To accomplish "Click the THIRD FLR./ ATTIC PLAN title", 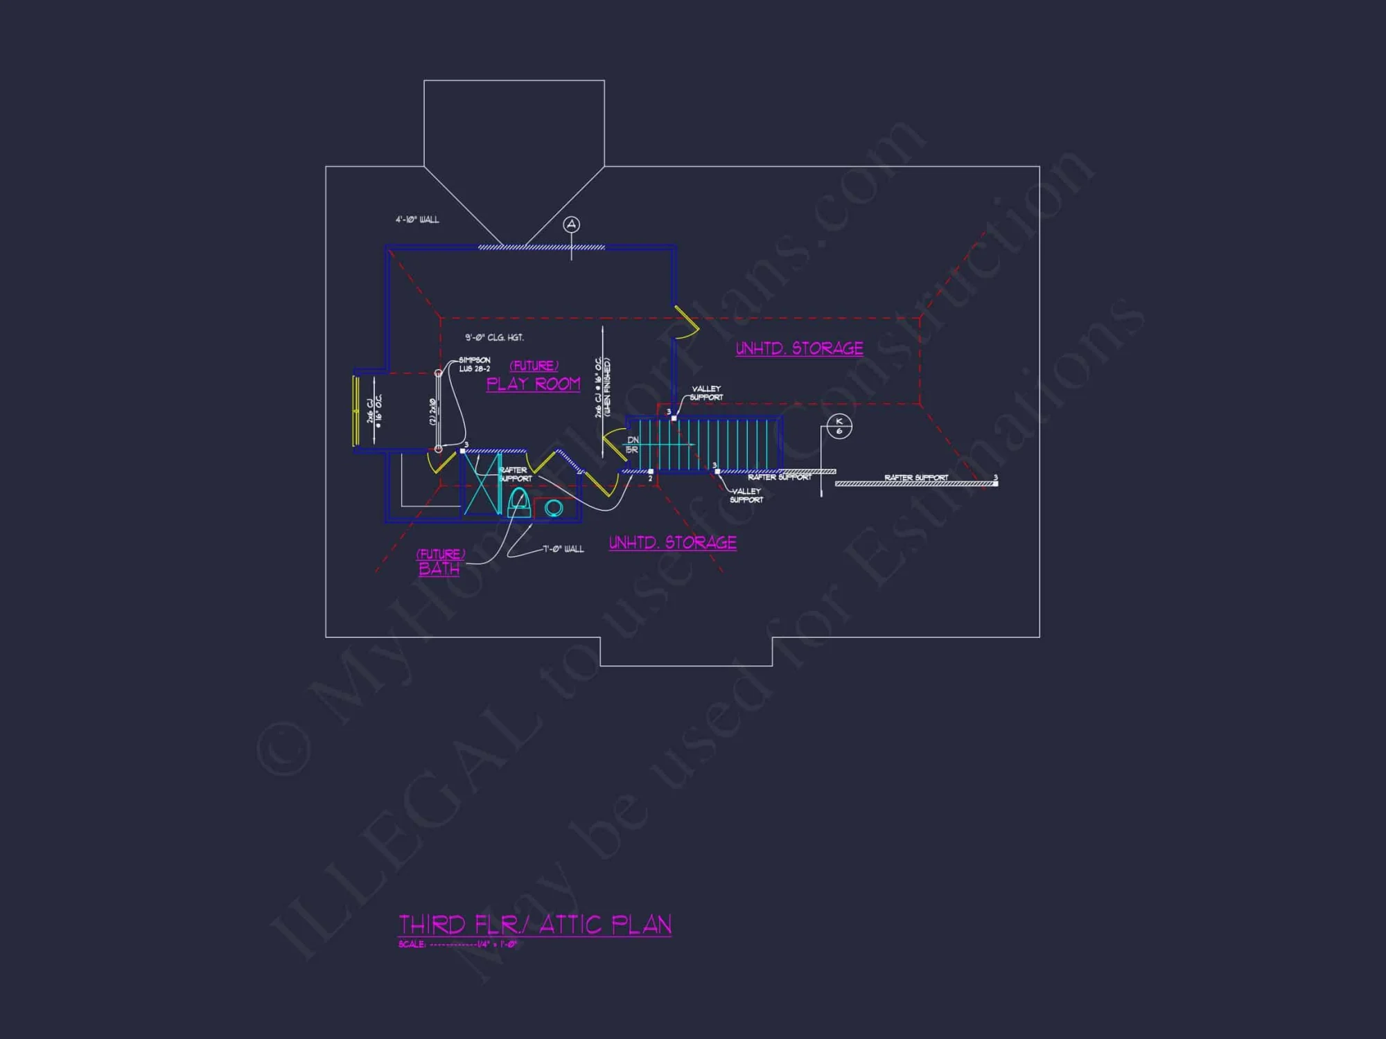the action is pos(534,925).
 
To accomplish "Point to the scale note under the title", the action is pos(457,944).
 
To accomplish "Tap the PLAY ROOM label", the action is pos(533,384).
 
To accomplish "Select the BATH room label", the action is pos(439,569).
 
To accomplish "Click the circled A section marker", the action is pos(571,224).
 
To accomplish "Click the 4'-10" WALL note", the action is pos(417,220).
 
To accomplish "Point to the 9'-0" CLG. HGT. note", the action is pos(494,337).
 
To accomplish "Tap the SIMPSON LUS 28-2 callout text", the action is pos(475,364).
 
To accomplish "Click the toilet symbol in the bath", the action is pos(518,501).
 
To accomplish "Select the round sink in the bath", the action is pos(554,508).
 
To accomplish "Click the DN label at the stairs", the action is pos(633,440).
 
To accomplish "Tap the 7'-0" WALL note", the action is pos(563,549).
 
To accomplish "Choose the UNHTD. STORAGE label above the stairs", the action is pos(799,348).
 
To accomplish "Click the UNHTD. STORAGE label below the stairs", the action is pos(672,542).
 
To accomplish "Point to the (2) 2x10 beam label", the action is pos(433,411).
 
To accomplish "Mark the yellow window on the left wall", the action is pos(356,411).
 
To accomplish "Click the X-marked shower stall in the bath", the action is pos(481,483).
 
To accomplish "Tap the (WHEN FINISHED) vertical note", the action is pos(608,387).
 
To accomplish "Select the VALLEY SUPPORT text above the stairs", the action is pos(706,393).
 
